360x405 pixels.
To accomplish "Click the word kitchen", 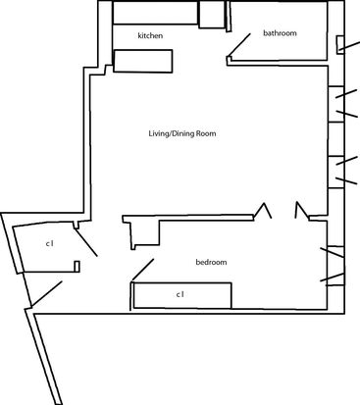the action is (150, 35).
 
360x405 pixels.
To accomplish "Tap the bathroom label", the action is (280, 33).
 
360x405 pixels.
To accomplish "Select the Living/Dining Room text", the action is (182, 133).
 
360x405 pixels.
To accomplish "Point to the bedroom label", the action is (211, 262).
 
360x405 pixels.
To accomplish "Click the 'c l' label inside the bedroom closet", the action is (180, 294).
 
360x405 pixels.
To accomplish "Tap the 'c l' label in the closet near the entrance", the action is (49, 243).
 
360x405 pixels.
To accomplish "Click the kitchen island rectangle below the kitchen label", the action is (143, 61).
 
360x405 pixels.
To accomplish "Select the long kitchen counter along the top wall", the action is (155, 13).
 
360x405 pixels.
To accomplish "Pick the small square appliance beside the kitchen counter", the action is (212, 15).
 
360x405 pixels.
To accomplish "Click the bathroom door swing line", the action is (239, 45).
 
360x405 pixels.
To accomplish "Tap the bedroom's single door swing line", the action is (142, 270).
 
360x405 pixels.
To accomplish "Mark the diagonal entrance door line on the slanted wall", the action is (46, 294).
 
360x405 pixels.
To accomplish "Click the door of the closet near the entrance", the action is (86, 242).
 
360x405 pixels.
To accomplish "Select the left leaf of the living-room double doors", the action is (263, 210).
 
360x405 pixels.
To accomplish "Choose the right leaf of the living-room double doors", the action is (301, 211).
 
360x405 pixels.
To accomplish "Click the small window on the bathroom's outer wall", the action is (340, 44).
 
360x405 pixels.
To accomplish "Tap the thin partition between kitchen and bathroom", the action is (229, 17).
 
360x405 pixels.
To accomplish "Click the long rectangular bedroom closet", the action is (182, 295).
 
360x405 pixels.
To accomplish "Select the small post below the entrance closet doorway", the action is (77, 267).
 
